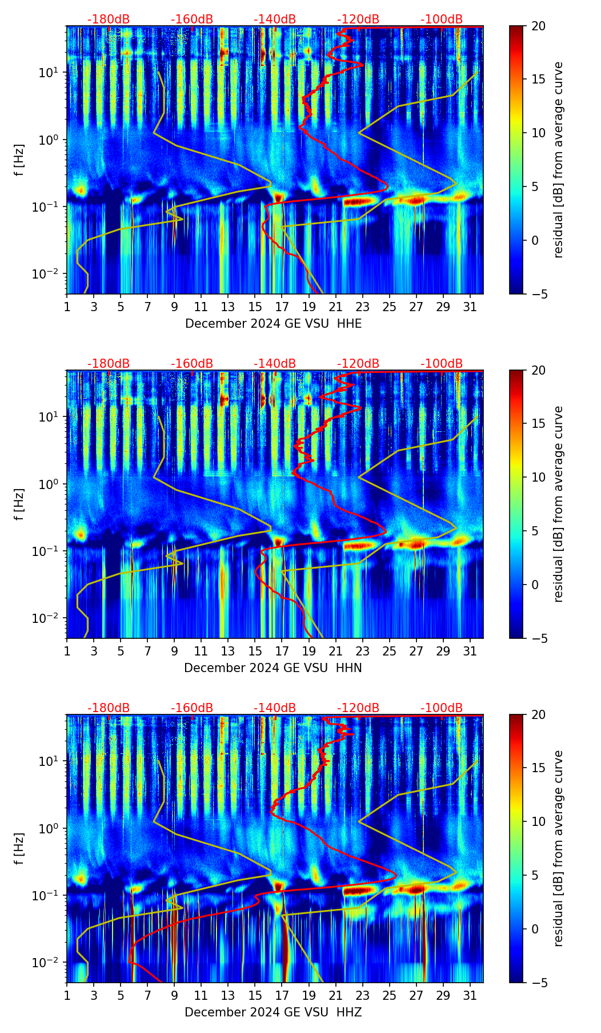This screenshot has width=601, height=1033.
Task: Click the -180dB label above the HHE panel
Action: (x=109, y=19)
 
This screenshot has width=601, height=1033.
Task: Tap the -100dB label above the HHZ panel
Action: (x=442, y=708)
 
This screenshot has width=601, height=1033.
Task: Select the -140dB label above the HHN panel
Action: (x=275, y=364)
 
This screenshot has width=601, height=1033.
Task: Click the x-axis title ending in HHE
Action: (x=273, y=324)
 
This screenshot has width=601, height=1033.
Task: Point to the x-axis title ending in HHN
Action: (x=273, y=668)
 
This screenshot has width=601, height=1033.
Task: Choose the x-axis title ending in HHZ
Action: (x=273, y=1012)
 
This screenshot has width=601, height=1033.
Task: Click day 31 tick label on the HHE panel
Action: (x=470, y=307)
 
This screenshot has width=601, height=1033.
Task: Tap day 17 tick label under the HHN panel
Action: (x=282, y=651)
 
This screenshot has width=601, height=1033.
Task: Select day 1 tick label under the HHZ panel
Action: (x=67, y=995)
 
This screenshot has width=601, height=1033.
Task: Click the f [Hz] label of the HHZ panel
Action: (x=19, y=849)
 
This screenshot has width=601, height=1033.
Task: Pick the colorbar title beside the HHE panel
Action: (x=558, y=160)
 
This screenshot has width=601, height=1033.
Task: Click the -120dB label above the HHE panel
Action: (x=358, y=19)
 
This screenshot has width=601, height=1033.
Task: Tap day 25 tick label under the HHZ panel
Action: (x=390, y=995)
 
